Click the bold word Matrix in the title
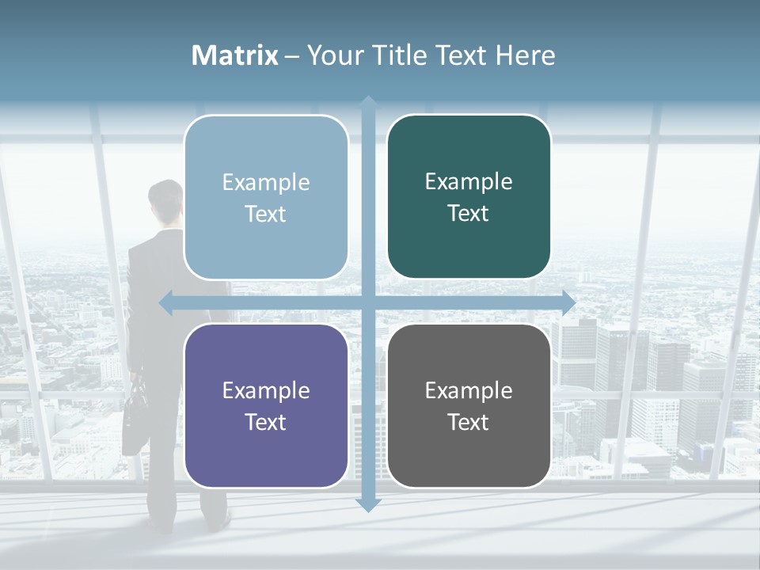[234, 55]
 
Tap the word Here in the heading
[525, 55]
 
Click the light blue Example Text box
[266, 198]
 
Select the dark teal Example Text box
[469, 197]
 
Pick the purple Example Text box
[266, 406]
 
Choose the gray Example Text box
[469, 406]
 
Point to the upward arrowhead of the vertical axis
[368, 101]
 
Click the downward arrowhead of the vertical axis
[368, 504]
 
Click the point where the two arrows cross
[368, 302]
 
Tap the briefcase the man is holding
[135, 420]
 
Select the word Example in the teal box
[469, 181]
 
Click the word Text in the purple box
[266, 422]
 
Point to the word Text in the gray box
[469, 422]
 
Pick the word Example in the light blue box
[266, 182]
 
